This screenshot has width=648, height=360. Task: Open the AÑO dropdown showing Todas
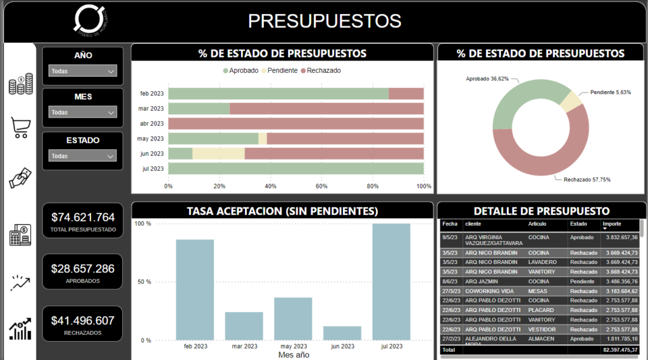[x=83, y=71]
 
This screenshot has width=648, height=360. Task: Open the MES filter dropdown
[x=83, y=112]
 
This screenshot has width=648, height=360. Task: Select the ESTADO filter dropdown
[x=83, y=156]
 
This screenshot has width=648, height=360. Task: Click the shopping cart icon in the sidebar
[x=20, y=128]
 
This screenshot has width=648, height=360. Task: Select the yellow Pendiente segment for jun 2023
[x=218, y=154]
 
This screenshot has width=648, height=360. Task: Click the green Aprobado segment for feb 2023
[x=278, y=94]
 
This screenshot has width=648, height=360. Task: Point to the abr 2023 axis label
[x=152, y=124]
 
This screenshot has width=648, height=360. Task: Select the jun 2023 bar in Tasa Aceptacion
[x=342, y=333]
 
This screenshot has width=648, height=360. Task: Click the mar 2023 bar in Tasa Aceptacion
[x=244, y=326]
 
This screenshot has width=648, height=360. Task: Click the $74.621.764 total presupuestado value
[x=82, y=217]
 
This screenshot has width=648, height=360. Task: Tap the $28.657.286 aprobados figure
[x=82, y=269]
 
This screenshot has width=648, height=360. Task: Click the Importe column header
[x=612, y=224]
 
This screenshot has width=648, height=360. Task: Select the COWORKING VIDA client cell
[x=489, y=291]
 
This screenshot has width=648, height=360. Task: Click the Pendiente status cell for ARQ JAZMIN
[x=582, y=282]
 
